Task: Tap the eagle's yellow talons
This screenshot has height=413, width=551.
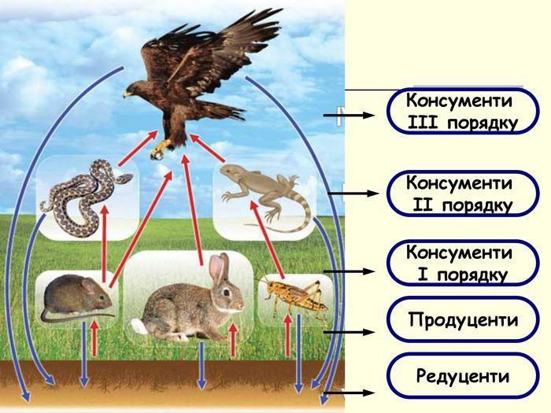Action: (x=162, y=148)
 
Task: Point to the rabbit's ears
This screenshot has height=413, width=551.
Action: (x=218, y=268)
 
